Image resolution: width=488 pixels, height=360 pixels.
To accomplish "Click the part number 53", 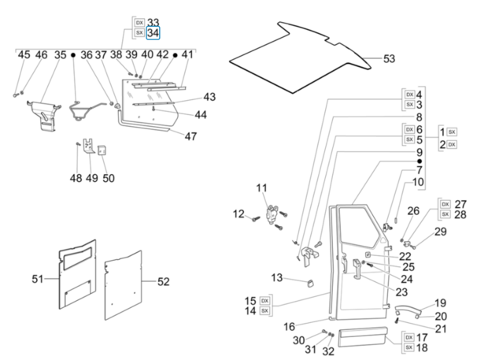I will (390, 59).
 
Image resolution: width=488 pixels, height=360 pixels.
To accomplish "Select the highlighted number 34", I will (153, 33).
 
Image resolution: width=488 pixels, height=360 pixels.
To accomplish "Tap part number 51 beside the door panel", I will (38, 278).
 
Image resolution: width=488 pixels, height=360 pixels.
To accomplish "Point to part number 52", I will (163, 281).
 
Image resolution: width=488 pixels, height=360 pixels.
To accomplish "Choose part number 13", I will (276, 277).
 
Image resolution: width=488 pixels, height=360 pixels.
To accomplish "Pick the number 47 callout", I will (190, 136).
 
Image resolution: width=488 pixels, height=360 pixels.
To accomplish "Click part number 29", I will (440, 232).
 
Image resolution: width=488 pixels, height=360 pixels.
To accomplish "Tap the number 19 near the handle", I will (440, 302).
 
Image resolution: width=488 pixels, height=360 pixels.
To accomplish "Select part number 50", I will (108, 178).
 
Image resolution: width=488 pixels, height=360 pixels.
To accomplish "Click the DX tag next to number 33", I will (139, 23).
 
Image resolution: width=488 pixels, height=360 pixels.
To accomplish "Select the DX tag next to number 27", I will (445, 204).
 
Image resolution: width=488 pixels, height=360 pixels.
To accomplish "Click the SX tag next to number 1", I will (452, 131).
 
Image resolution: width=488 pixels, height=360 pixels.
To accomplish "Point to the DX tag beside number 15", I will (264, 301).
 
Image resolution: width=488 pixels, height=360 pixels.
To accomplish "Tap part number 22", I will (405, 256).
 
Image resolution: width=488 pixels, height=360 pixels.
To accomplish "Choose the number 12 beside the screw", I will (238, 213).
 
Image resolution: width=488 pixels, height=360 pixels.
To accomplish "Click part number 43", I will (209, 97).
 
